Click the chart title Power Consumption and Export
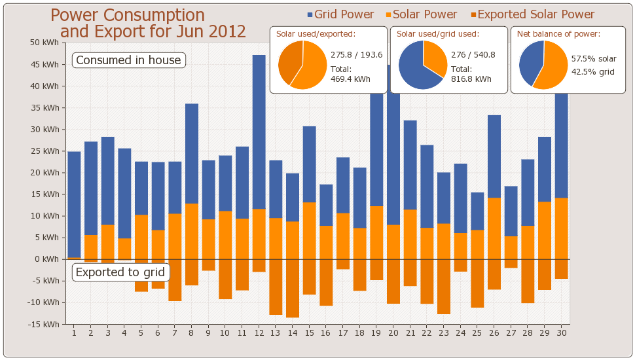(148, 24)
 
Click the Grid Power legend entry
(340, 14)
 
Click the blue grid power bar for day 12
(259, 132)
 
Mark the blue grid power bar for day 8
(192, 153)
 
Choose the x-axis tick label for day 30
(561, 333)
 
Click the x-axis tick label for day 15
(309, 333)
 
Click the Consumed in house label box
(128, 60)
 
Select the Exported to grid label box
(120, 272)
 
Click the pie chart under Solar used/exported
(302, 64)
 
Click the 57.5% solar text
(594, 59)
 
